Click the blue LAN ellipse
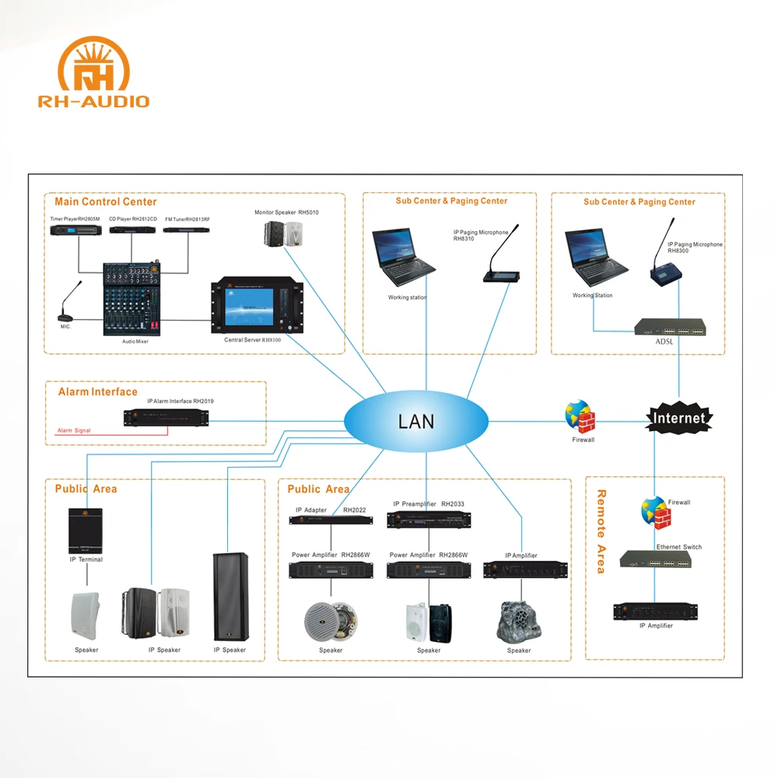point(416,422)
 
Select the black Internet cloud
point(679,418)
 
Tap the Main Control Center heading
point(106,202)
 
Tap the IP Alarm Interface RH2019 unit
point(167,417)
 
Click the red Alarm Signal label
point(74,430)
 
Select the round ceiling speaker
point(331,620)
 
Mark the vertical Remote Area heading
point(601,531)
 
